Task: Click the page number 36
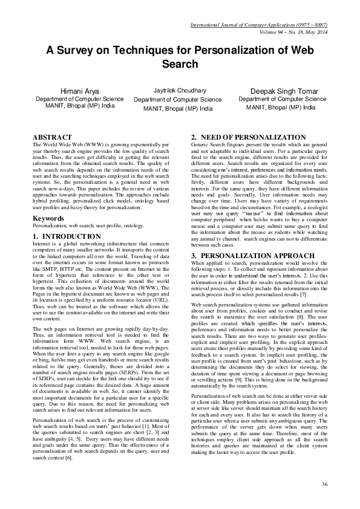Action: click(324, 484)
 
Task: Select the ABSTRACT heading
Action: click(52, 138)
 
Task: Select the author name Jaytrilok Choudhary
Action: click(178, 89)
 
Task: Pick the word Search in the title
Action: click(180, 64)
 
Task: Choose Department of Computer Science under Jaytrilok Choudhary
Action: click(178, 99)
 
